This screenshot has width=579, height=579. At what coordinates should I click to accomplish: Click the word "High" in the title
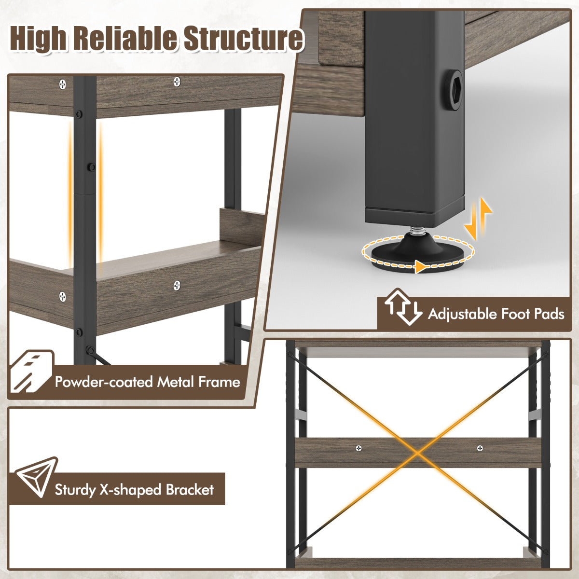click(x=38, y=40)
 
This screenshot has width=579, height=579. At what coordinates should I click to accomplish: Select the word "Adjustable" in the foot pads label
click(x=463, y=314)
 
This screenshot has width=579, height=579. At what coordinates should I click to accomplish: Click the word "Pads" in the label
click(x=549, y=314)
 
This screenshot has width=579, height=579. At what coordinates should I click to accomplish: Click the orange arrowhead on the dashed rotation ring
click(x=420, y=266)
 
